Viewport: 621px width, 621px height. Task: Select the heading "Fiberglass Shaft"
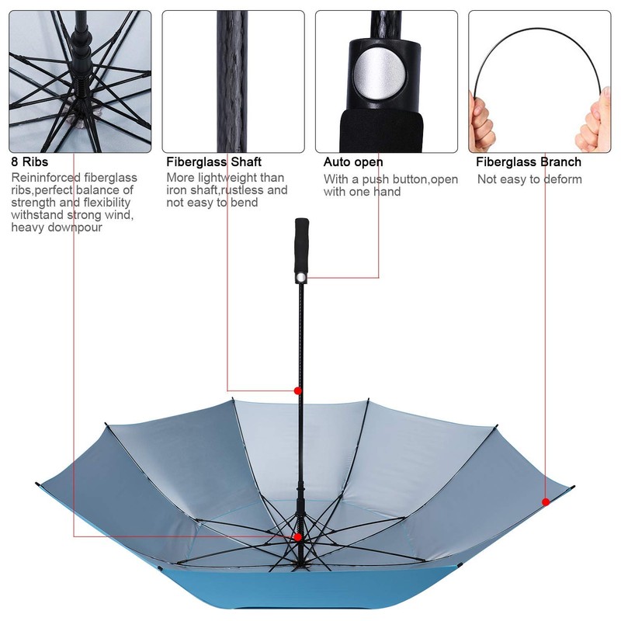[214, 162]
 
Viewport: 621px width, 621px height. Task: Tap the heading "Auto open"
[353, 162]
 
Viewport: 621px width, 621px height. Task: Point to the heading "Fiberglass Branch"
[529, 162]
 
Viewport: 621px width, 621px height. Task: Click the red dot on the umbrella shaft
[297, 390]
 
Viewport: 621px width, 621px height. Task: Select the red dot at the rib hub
[297, 536]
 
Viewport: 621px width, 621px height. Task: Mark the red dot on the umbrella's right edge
[546, 502]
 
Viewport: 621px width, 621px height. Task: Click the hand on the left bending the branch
[481, 116]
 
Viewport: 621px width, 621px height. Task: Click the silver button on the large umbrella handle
[301, 276]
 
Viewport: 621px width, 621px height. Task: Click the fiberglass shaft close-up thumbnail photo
[233, 81]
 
